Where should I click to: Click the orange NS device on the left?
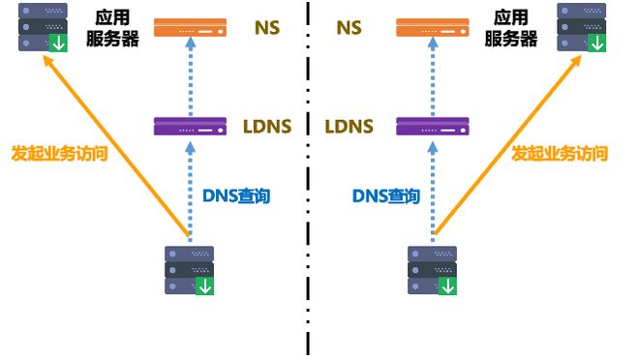190,29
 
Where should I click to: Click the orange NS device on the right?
432,29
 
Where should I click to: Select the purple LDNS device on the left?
190,126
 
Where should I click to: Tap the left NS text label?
267,28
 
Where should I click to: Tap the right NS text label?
350,28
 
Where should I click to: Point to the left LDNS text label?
267,126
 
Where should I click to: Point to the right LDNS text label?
350,126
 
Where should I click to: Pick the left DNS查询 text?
236,195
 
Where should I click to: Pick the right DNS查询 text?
385,195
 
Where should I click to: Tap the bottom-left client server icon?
190,270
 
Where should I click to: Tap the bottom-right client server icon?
433,270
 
